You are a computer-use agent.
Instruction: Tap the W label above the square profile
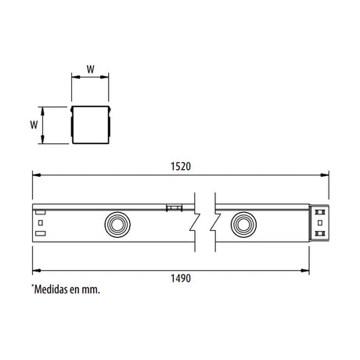pos(90,69)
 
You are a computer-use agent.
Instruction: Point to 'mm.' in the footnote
pos(92,289)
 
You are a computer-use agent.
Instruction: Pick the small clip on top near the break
pos(172,207)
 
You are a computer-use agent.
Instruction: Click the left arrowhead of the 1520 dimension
pos(34,175)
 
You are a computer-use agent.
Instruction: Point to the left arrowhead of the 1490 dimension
pos(34,268)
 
